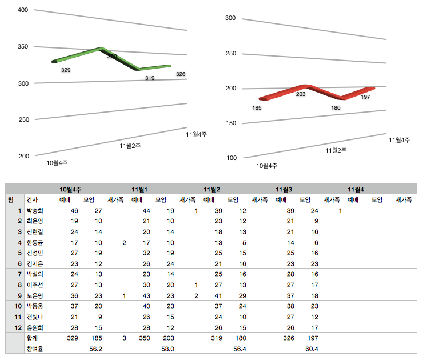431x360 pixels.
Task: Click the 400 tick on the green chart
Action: coord(23,10)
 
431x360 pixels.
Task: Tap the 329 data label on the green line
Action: coord(66,70)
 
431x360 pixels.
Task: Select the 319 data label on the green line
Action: coord(150,78)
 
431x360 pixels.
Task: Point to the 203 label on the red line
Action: coord(301,94)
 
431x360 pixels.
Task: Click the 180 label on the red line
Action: coord(336,107)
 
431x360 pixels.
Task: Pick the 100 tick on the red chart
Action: coord(230,158)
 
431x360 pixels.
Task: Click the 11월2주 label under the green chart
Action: coord(130,146)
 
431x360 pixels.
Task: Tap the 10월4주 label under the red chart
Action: coord(267,166)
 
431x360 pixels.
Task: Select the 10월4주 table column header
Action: coord(71,189)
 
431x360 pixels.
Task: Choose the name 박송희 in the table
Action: coord(35,211)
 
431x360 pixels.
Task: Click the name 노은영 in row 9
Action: coord(35,296)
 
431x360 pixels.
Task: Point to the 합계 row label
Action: coord(32,339)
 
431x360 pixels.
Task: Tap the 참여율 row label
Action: coord(34,350)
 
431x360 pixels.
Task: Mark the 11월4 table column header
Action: coord(356,189)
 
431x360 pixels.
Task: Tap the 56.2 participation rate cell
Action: coord(95,350)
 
